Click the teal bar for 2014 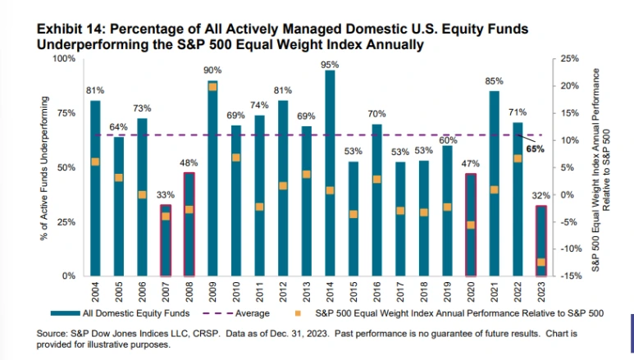(x=330, y=173)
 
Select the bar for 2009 (x=212, y=179)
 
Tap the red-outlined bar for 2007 (x=166, y=240)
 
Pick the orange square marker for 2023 (x=541, y=262)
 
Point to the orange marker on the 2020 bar (x=471, y=226)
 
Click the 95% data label (x=330, y=65)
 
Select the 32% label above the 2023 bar (x=541, y=196)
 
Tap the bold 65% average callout (x=535, y=149)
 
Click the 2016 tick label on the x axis (x=376, y=292)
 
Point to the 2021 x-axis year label (x=494, y=292)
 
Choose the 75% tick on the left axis (x=66, y=113)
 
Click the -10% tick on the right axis (x=570, y=248)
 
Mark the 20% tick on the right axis (x=570, y=86)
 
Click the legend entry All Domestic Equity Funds (x=120, y=313)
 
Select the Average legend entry (x=235, y=313)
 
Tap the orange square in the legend (x=298, y=313)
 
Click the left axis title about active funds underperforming (x=43, y=168)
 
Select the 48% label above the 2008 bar (x=189, y=163)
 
